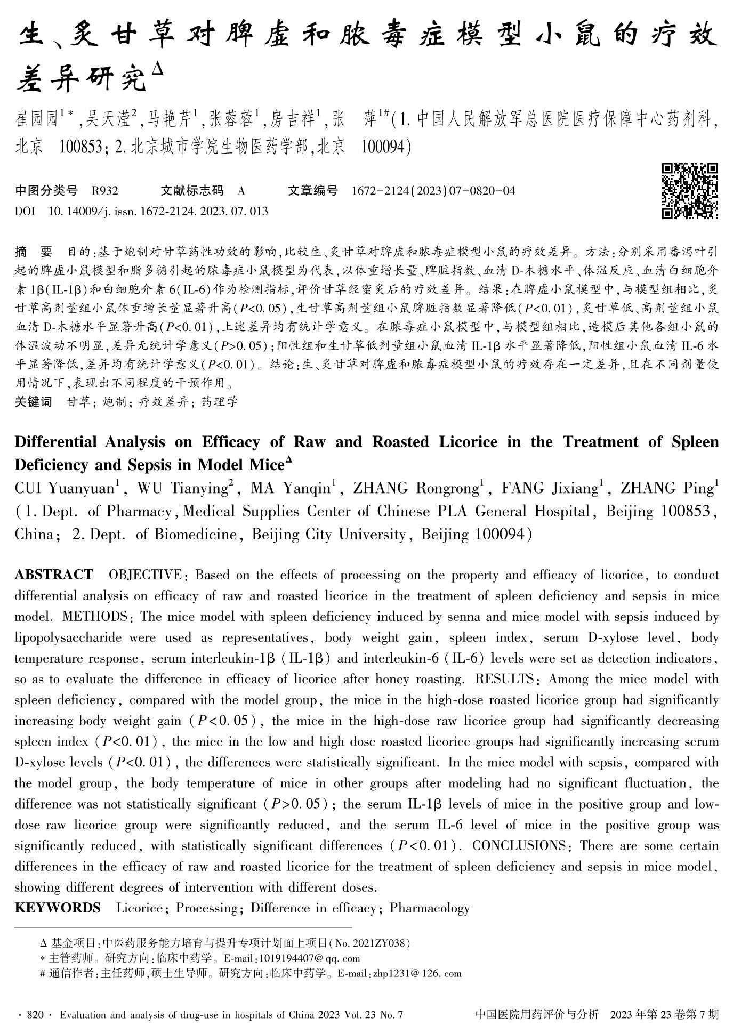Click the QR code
point(690,191)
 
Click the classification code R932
point(105,191)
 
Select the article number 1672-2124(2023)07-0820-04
point(434,191)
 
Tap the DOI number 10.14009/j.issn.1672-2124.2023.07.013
point(158,212)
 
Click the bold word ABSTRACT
point(54,575)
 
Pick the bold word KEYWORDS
point(58,908)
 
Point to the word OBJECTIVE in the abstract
point(144,575)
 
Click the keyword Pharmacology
point(430,908)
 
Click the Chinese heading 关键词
point(33,402)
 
